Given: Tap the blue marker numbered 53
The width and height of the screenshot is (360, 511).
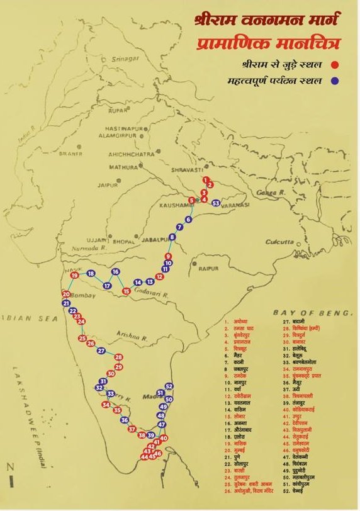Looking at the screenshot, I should [x=216, y=203].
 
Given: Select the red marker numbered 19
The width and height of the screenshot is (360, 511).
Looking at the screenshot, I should [x=75, y=275].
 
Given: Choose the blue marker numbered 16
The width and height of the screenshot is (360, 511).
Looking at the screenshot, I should [x=115, y=272].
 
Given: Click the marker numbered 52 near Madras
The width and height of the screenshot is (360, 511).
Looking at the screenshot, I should [x=169, y=386].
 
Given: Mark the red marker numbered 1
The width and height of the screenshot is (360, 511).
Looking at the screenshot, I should [x=205, y=180].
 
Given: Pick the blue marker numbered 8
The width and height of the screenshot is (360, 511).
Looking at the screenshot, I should [x=172, y=237].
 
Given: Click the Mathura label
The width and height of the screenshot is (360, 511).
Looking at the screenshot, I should [x=122, y=167].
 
